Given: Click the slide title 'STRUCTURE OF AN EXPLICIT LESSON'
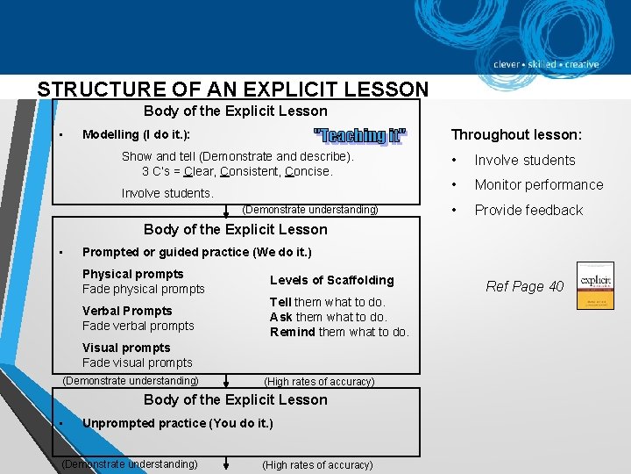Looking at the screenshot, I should [233, 90].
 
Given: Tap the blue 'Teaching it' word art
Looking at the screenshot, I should [360, 135].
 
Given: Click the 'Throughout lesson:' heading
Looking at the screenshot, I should [515, 134].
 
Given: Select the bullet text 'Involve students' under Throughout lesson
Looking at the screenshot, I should [525, 160].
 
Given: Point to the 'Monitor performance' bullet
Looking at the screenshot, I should [539, 184].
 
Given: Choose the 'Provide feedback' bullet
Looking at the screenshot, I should [528, 210].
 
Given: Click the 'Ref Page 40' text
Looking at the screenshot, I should [525, 286].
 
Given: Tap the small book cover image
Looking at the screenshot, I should [595, 285].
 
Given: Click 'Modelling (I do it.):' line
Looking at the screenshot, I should [136, 134].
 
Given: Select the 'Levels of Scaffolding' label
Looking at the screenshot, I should [331, 280].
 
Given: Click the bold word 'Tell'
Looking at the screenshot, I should [280, 302].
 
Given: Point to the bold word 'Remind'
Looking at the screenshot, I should [292, 332].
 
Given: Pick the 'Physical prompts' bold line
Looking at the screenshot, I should [132, 274].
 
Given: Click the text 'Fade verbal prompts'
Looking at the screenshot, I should [138, 326].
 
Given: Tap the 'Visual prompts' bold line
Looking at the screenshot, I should [126, 348].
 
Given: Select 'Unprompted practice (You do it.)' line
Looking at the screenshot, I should [177, 423].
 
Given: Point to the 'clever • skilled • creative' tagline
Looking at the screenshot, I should [545, 64].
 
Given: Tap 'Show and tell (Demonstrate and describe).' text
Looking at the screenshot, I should [238, 156].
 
